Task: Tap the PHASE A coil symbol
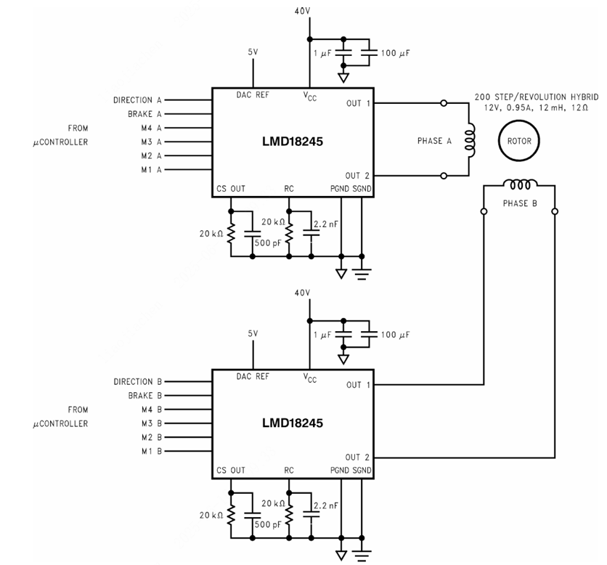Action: click(471, 140)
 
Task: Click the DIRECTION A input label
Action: click(138, 100)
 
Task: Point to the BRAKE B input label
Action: click(143, 396)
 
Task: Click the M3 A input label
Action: click(151, 142)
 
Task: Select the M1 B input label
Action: click(151, 451)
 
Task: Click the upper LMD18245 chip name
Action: click(292, 142)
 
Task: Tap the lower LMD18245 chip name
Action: click(292, 423)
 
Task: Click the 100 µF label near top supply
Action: click(396, 54)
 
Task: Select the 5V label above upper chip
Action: click(253, 52)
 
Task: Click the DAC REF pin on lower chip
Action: click(253, 376)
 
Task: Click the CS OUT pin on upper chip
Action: click(231, 188)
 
